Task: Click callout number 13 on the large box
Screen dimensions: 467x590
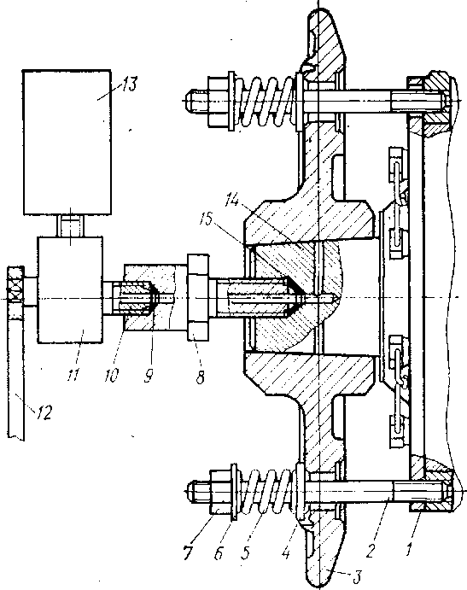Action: point(130,84)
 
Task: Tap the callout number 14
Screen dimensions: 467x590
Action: point(232,200)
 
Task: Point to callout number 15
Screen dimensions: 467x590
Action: point(216,219)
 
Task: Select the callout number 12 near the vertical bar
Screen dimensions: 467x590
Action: point(44,412)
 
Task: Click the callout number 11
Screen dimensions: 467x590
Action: point(73,374)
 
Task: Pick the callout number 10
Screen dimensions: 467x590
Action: point(111,375)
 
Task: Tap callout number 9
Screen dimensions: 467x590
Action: point(149,376)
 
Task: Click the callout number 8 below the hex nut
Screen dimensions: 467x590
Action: point(200,377)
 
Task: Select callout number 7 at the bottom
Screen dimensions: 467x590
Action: point(188,553)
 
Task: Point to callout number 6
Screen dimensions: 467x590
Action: point(219,553)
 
